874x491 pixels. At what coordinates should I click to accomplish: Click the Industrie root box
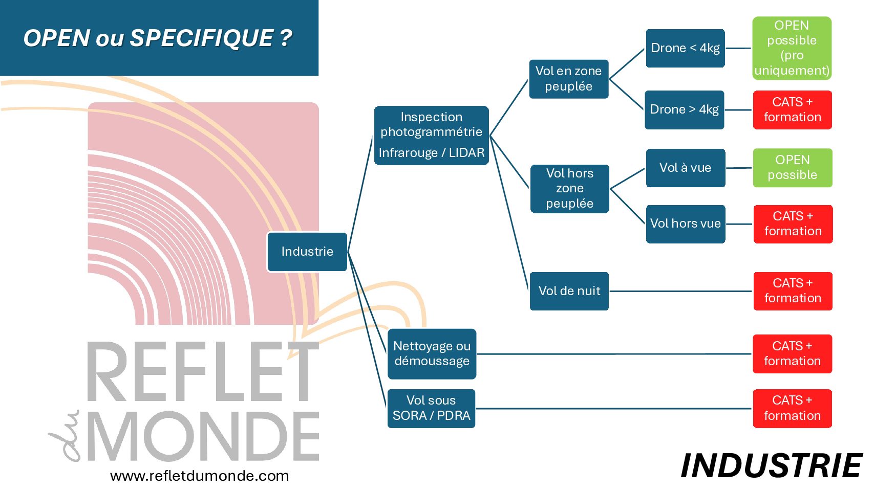[x=307, y=252]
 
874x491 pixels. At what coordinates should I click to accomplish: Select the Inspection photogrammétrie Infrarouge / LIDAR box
[x=431, y=136]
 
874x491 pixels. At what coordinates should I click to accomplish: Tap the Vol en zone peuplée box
[x=568, y=79]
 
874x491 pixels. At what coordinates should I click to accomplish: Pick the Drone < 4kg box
[x=685, y=48]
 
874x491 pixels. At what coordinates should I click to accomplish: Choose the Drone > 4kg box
[x=684, y=109]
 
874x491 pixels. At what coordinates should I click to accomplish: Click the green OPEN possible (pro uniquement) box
[x=792, y=48]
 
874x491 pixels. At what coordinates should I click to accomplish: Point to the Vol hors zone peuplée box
[x=569, y=188]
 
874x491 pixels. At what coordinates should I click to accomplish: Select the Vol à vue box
[x=685, y=168]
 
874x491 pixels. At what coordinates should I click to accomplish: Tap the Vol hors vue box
[x=685, y=224]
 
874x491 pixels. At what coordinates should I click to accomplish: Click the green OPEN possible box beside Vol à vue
[x=792, y=168]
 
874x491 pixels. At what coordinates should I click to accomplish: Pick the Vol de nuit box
[x=569, y=291]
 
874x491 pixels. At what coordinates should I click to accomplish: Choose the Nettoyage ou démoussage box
[x=432, y=354]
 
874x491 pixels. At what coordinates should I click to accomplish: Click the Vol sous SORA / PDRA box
[x=431, y=408]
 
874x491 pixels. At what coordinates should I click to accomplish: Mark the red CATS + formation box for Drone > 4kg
[x=792, y=109]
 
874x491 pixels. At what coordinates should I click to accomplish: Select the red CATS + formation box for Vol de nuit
[x=793, y=291]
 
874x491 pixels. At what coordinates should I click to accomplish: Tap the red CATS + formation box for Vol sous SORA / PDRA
[x=792, y=408]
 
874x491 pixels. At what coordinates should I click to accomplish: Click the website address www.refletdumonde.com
[x=199, y=476]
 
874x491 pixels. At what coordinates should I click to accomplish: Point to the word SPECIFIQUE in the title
[x=201, y=38]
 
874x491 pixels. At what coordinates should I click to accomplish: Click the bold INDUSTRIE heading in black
[x=771, y=466]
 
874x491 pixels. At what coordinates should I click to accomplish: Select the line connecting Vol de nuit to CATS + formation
[x=681, y=292]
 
